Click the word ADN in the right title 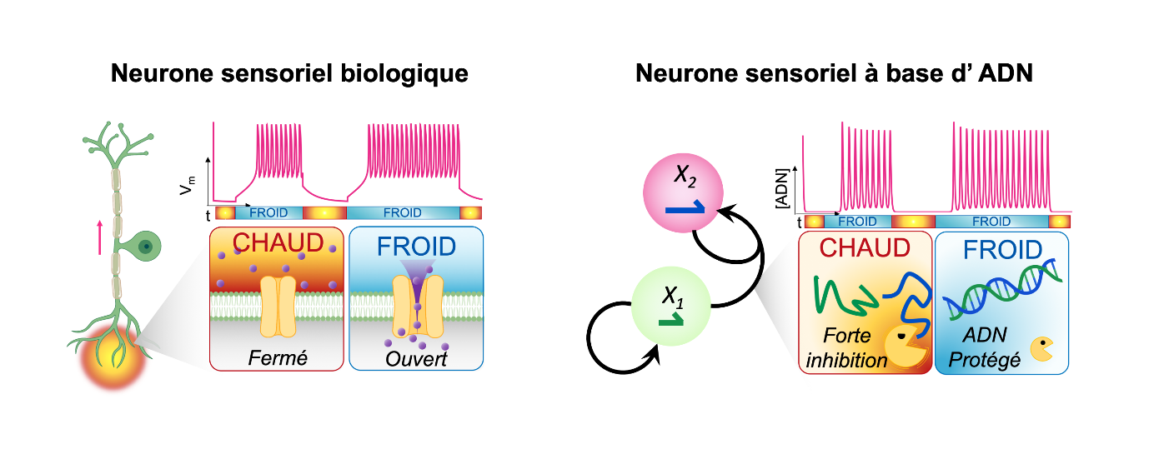tap(1006, 73)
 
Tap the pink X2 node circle tap(683, 193)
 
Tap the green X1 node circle tap(671, 307)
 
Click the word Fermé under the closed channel tap(278, 357)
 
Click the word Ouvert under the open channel tap(416, 359)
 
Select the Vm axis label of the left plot tap(188, 186)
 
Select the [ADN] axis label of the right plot tap(781, 188)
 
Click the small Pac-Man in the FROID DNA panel tap(1042, 349)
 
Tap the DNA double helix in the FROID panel tap(1002, 289)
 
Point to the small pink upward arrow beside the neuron tap(100, 237)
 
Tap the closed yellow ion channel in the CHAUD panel tap(278, 307)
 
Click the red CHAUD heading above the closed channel tap(278, 242)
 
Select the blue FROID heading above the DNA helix tap(1002, 250)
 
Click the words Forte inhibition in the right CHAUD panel tap(847, 348)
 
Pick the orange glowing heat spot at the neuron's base tap(113, 357)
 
